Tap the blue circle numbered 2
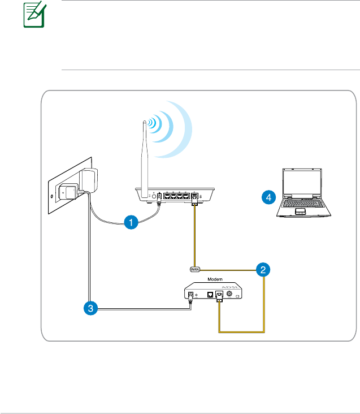point(262,270)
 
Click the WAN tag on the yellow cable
point(194,269)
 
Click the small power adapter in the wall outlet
point(68,192)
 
